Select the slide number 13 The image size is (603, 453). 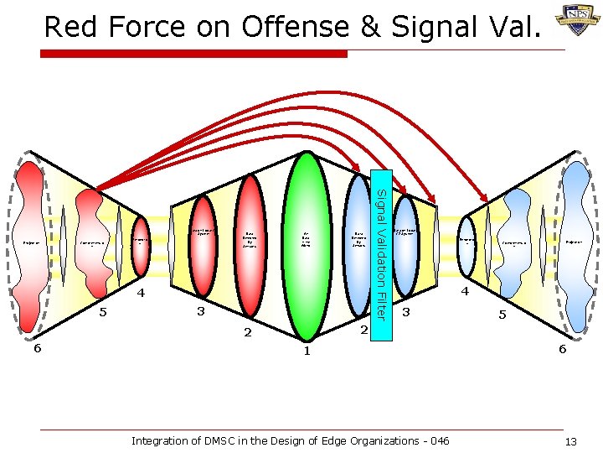571,442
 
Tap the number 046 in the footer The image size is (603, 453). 438,440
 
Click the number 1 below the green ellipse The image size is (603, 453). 307,351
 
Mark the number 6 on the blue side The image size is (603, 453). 563,348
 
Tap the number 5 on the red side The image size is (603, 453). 103,313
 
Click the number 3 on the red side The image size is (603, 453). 201,312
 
